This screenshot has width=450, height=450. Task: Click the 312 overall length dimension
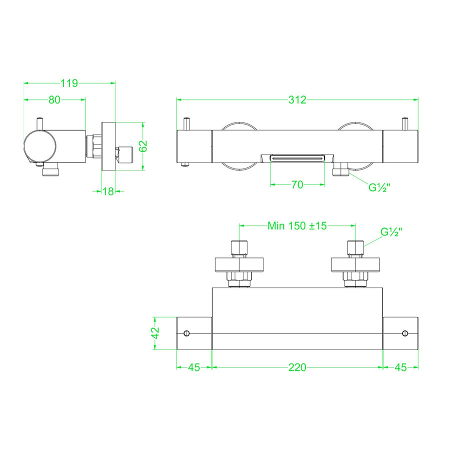point(297,99)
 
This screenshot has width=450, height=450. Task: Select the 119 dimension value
point(69,83)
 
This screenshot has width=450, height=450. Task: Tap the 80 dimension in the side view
point(54,99)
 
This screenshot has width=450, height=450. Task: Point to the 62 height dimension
point(143,146)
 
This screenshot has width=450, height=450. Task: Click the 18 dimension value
point(108,190)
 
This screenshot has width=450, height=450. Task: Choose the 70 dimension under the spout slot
point(297,185)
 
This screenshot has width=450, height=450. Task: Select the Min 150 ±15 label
point(297,225)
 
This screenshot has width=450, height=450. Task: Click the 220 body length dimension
point(297,367)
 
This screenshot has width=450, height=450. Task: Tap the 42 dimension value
point(155,333)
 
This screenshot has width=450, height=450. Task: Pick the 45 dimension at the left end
point(194,367)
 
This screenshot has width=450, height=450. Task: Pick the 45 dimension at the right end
point(400,367)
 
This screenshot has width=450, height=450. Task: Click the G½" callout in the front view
point(379,188)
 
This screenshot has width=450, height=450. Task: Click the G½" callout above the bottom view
point(391,231)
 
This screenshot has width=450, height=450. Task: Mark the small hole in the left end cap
point(186,333)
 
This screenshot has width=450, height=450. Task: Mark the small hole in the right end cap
point(405,333)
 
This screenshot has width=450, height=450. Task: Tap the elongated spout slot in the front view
point(297,158)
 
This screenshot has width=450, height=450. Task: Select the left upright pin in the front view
point(186,123)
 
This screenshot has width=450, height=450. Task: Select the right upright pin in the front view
point(405,123)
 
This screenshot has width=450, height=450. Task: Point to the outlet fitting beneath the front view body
point(341,170)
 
